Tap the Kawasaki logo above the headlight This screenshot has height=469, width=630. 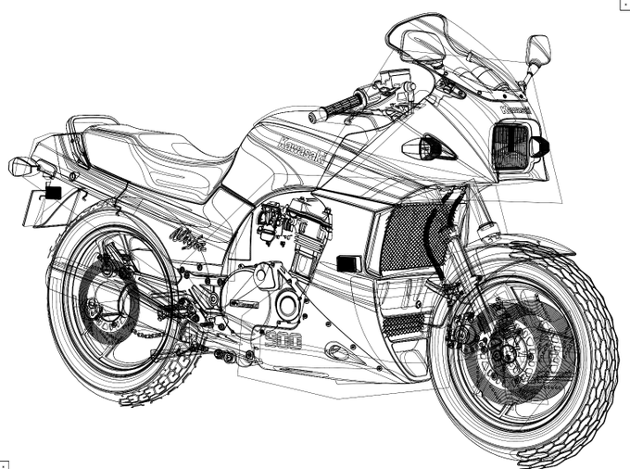[x=515, y=109]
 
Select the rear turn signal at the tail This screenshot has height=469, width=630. [x=23, y=167]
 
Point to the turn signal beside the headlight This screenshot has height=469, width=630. [x=540, y=146]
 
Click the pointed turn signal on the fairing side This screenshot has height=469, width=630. [x=426, y=147]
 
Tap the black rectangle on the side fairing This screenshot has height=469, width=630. [x=348, y=263]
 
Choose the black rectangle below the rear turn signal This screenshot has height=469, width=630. [x=52, y=193]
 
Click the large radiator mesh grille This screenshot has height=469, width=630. [x=406, y=237]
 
